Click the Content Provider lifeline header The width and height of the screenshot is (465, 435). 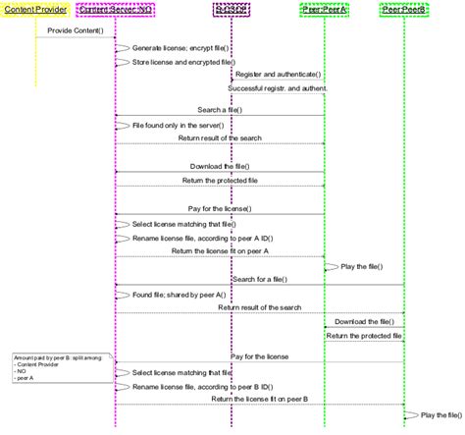pyautogui.click(x=35, y=10)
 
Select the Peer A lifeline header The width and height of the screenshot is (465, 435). pyautogui.click(x=324, y=10)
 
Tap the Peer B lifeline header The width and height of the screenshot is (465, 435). pyautogui.click(x=404, y=10)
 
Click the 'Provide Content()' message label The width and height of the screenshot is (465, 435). pyautogui.click(x=76, y=31)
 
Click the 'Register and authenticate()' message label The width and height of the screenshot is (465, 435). pyautogui.click(x=279, y=75)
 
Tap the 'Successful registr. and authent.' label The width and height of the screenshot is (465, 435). pyautogui.click(x=278, y=88)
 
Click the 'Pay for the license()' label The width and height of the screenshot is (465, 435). pyautogui.click(x=220, y=209)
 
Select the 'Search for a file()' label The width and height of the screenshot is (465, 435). pyautogui.click(x=259, y=280)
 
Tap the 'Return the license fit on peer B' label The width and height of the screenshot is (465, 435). pyautogui.click(x=259, y=399)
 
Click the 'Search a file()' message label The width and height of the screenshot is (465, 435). pyautogui.click(x=220, y=110)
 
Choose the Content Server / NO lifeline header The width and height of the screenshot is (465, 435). pyautogui.click(x=116, y=10)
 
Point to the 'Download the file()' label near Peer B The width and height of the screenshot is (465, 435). pyautogui.click(x=364, y=321)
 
